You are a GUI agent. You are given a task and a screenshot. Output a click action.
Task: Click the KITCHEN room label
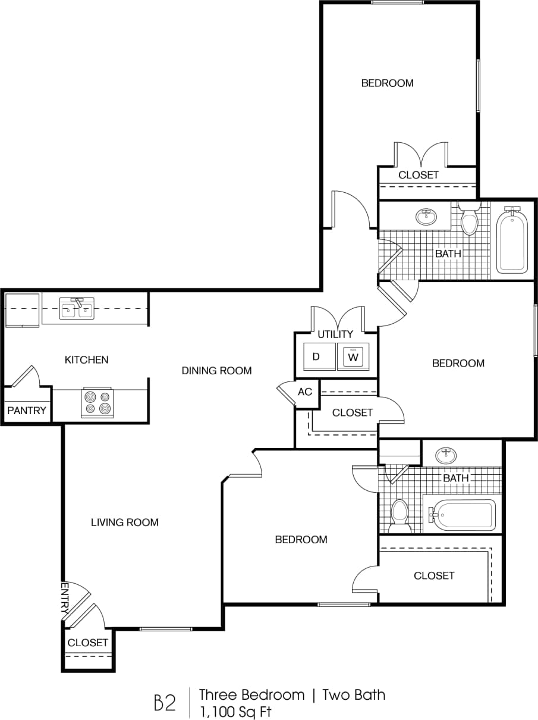pos(86,359)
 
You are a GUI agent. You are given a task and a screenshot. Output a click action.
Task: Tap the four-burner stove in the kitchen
pos(97,402)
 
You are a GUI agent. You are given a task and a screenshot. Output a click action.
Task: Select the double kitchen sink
pos(76,309)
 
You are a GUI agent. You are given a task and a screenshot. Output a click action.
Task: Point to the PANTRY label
pos(26,411)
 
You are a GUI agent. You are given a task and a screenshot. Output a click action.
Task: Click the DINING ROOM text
pos(216,371)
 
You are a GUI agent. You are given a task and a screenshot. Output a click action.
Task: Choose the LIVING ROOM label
pos(124,522)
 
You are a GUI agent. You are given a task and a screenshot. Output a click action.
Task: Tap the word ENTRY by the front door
pos(65,598)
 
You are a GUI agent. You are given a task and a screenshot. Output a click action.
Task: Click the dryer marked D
pos(317,357)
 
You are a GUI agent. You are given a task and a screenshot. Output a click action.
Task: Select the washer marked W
pos(353,357)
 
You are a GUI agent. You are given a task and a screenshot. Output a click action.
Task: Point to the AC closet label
pos(305,392)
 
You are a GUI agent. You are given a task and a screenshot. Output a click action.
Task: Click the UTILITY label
pos(335,334)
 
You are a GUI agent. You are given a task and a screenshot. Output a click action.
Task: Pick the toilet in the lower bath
pos(400,515)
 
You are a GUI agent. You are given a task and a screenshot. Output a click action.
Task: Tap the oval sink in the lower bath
pos(445,456)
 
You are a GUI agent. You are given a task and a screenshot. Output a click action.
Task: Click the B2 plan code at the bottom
pos(165,703)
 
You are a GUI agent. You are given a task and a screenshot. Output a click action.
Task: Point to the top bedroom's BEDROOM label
pos(387,83)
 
